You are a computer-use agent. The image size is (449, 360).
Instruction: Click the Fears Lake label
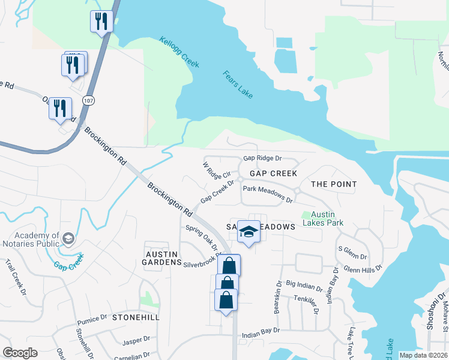238,85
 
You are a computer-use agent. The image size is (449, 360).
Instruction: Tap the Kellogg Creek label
179,52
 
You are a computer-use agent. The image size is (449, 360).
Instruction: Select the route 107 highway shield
89,100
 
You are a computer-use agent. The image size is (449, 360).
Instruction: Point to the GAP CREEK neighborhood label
273,173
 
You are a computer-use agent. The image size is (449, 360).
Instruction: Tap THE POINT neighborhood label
334,184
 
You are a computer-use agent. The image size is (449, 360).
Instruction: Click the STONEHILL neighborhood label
136,317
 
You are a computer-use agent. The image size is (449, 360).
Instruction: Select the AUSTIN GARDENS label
161,258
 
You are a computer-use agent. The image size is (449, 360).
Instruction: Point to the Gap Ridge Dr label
262,159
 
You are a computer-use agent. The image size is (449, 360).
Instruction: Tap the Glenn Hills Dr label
361,268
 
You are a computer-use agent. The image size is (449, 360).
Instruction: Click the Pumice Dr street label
92,320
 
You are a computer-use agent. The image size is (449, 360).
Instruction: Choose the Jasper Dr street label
136,341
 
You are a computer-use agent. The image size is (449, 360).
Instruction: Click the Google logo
20,352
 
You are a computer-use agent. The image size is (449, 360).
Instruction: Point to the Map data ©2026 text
423,355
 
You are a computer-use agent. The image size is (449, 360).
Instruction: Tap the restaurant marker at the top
100,22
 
